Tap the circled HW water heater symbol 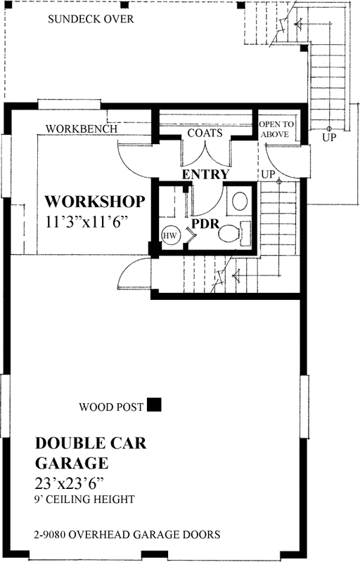tap(169, 236)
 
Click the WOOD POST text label tap(111, 406)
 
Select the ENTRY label tap(205, 174)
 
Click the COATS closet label tap(205, 133)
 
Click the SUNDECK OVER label tap(91, 19)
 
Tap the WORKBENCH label tap(77, 129)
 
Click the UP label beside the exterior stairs tap(329, 138)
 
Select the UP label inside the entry tap(268, 173)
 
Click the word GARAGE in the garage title tap(71, 463)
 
